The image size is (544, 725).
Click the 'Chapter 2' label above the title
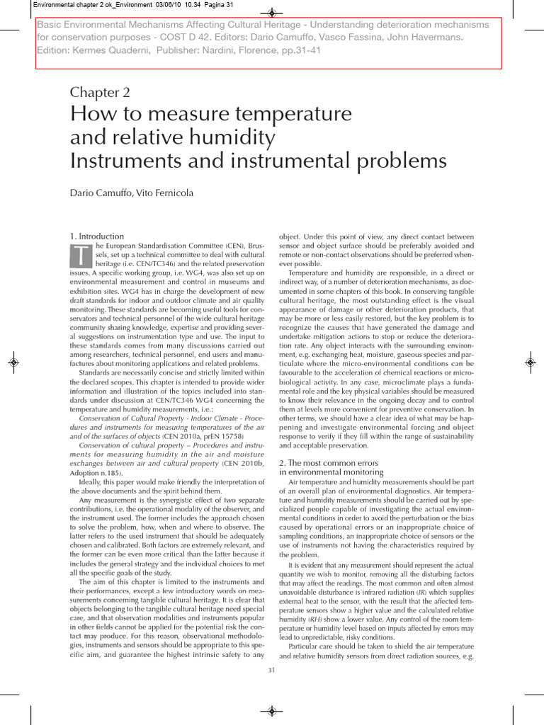pos(99,92)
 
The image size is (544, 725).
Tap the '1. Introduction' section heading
pos(96,236)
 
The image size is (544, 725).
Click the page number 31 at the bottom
pos(271,670)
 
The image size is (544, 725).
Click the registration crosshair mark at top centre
pos(272,13)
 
